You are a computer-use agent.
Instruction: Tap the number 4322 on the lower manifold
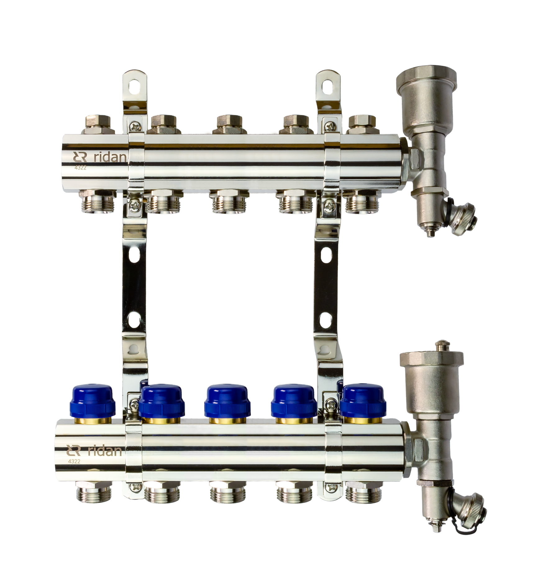(x=74, y=462)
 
